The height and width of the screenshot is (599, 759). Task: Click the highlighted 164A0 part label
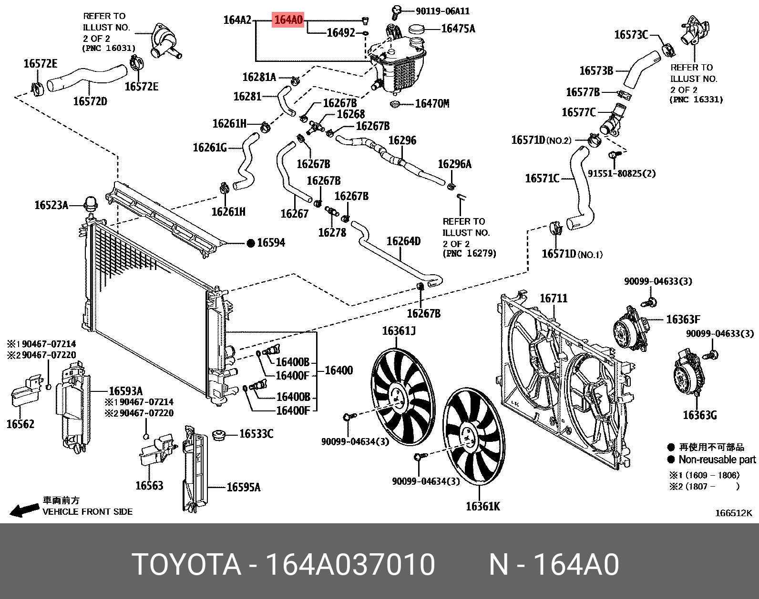click(x=288, y=20)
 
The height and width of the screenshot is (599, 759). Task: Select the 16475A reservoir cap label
click(x=458, y=29)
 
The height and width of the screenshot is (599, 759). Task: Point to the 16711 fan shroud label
click(x=553, y=298)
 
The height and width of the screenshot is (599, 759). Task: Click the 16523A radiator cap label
click(x=51, y=205)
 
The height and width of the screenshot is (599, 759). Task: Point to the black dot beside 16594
click(x=251, y=243)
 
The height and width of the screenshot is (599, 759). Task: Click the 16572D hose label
click(x=90, y=101)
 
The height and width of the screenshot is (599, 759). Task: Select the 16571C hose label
click(x=542, y=179)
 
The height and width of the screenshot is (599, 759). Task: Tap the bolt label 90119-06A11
click(x=442, y=10)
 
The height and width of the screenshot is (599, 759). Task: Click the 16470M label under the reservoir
click(x=432, y=103)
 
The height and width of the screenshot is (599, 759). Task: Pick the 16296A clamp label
click(x=454, y=164)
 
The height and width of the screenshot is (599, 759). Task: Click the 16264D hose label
click(x=403, y=241)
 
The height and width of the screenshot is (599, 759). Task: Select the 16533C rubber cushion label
click(x=256, y=434)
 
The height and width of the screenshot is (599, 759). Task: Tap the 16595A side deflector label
click(x=243, y=487)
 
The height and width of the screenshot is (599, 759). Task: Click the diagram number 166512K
click(x=733, y=513)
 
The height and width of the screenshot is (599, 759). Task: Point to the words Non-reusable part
click(x=717, y=459)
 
